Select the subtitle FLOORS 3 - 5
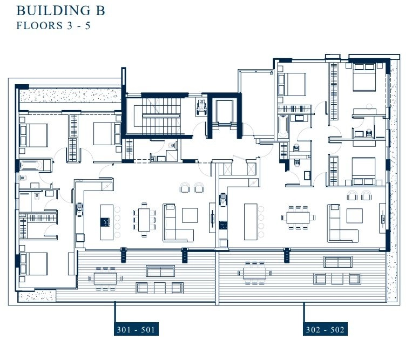(x=53, y=25)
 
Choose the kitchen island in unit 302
(x=251, y=221)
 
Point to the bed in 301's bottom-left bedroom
(x=33, y=264)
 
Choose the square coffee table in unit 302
(x=354, y=215)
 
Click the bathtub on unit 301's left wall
(x=35, y=164)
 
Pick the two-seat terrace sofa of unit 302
(x=337, y=262)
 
